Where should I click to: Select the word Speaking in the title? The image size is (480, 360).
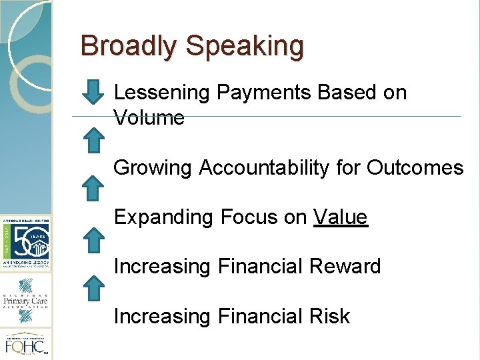245,47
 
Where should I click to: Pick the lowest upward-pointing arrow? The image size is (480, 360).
96,288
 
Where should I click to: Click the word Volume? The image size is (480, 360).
149,118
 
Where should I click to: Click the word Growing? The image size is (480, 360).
153,168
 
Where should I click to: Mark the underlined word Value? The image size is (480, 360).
341,217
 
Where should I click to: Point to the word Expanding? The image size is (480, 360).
163,217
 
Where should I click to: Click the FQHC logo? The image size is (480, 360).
25,345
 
